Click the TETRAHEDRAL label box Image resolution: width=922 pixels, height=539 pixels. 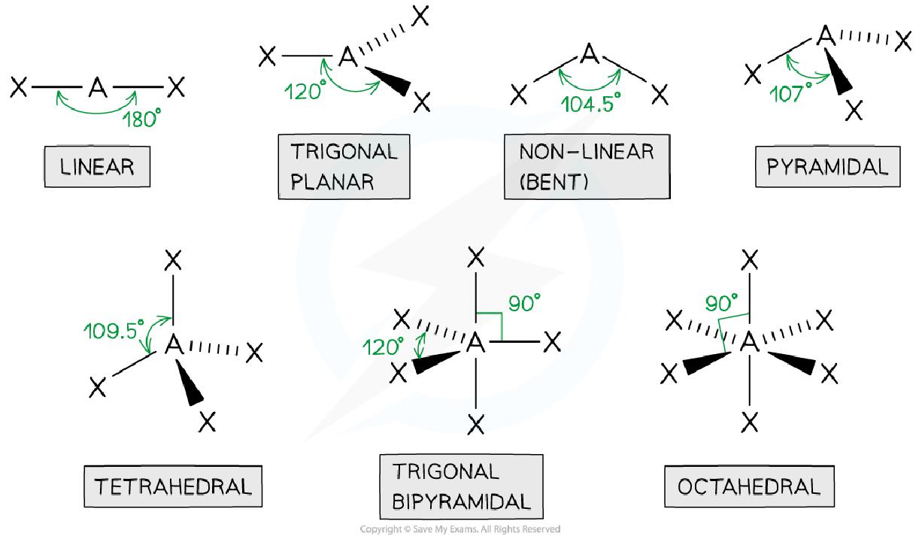(x=172, y=486)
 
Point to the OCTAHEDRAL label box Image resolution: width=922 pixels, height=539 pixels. (x=748, y=486)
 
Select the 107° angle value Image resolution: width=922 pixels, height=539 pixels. (x=791, y=93)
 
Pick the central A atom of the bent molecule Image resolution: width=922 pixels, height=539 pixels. (x=589, y=54)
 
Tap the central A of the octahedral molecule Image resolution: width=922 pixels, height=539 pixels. (x=749, y=344)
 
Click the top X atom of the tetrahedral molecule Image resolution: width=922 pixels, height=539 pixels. (x=174, y=261)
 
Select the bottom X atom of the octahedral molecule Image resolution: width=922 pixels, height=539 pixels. (x=749, y=423)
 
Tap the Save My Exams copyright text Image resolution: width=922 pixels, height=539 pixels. (x=460, y=529)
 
